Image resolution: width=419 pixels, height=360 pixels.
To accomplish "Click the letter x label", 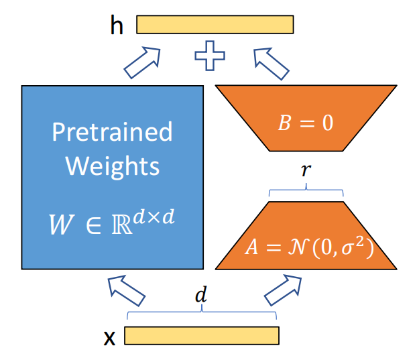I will (x=109, y=337).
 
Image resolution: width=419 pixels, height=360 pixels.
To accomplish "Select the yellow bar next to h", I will (x=215, y=24).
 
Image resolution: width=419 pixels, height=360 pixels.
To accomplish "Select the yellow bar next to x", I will (x=201, y=335).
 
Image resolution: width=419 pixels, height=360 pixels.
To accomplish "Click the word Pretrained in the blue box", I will (x=112, y=131).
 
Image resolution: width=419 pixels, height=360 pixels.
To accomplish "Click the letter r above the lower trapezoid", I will (x=306, y=171).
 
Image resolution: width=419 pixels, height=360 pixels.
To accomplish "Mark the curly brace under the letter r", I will (x=306, y=192).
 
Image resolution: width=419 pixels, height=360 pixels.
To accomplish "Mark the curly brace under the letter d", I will (x=202, y=313).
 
